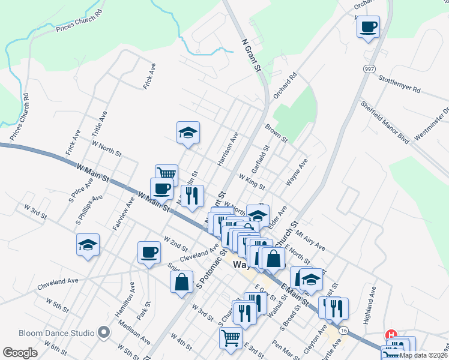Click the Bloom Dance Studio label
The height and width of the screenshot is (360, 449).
tap(56, 333)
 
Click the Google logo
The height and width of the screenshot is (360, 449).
tap(20, 353)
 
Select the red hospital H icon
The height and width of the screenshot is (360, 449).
tap(391, 335)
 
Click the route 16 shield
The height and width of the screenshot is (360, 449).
tap(343, 330)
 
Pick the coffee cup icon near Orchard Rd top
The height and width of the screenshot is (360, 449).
tap(369, 26)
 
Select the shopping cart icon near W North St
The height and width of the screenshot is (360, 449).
tap(166, 175)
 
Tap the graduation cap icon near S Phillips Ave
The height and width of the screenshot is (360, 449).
tap(88, 244)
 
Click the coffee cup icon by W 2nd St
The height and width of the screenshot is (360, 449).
tap(149, 252)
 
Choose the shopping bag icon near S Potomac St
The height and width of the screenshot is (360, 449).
tap(181, 281)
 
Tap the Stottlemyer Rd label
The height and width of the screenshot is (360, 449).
tap(399, 83)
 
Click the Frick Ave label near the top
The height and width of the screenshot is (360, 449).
tap(149, 76)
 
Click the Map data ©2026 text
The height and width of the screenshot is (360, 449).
tap(423, 355)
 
